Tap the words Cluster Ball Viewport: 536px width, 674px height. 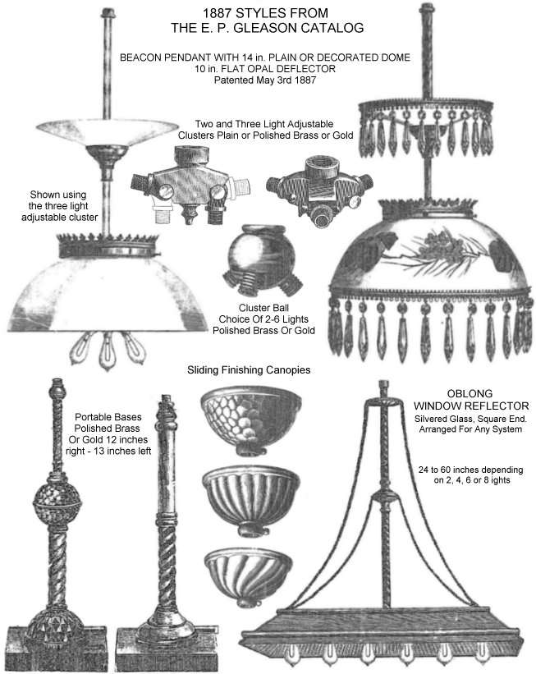coord(263,308)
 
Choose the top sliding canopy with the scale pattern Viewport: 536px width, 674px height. coord(251,420)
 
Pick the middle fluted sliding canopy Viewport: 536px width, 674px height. coord(250,500)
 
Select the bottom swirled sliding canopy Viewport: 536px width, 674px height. coord(248,575)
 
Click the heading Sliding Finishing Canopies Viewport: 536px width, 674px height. coord(249,369)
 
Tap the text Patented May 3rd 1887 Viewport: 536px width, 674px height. coord(265,80)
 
